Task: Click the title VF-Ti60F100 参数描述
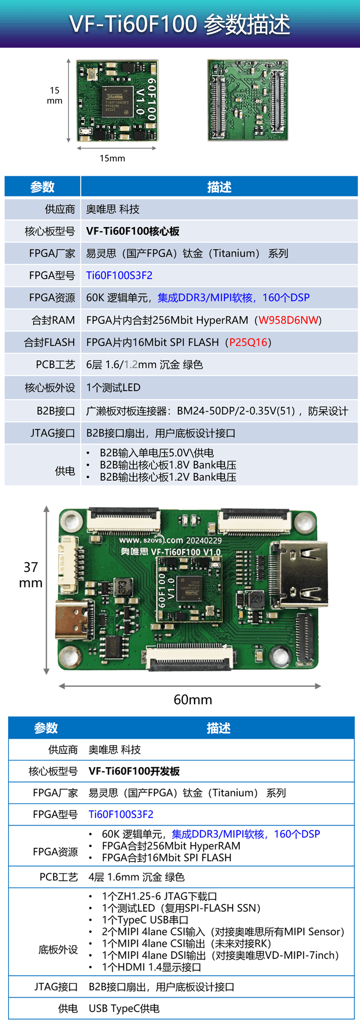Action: [x=180, y=24]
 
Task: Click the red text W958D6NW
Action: [x=288, y=320]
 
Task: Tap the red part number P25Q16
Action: [x=248, y=342]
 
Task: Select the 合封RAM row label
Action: [x=53, y=320]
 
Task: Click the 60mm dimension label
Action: [x=193, y=700]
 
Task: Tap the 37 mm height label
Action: [x=31, y=575]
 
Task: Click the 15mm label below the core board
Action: [x=112, y=158]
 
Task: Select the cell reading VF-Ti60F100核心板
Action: [x=133, y=231]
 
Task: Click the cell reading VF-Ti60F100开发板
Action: [x=134, y=771]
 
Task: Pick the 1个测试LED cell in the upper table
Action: [x=113, y=387]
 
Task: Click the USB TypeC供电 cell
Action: [x=124, y=1008]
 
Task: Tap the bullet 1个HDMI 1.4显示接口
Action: [x=151, y=967]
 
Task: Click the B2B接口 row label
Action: [x=56, y=411]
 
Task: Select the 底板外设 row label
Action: [x=58, y=949]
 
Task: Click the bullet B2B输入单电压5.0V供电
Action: [x=157, y=453]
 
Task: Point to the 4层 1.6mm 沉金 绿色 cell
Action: [x=136, y=877]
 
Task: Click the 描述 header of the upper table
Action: [x=219, y=187]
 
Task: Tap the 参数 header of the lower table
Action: [x=46, y=728]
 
